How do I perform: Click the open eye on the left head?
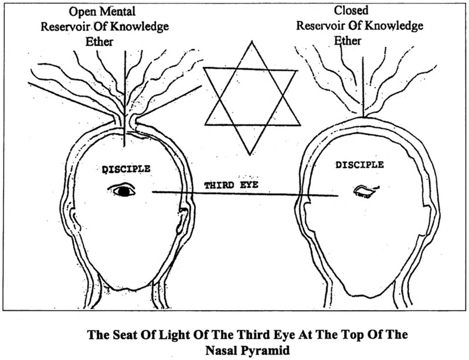122,190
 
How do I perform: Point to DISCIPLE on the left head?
127,168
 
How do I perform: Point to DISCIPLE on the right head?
360,165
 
